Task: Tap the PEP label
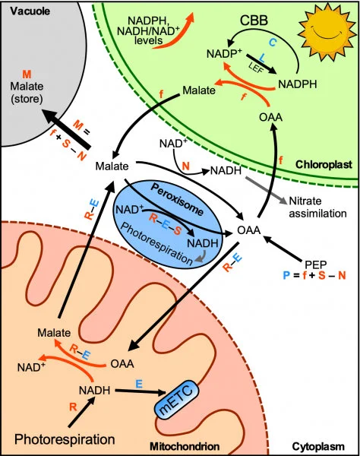tap(314, 263)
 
